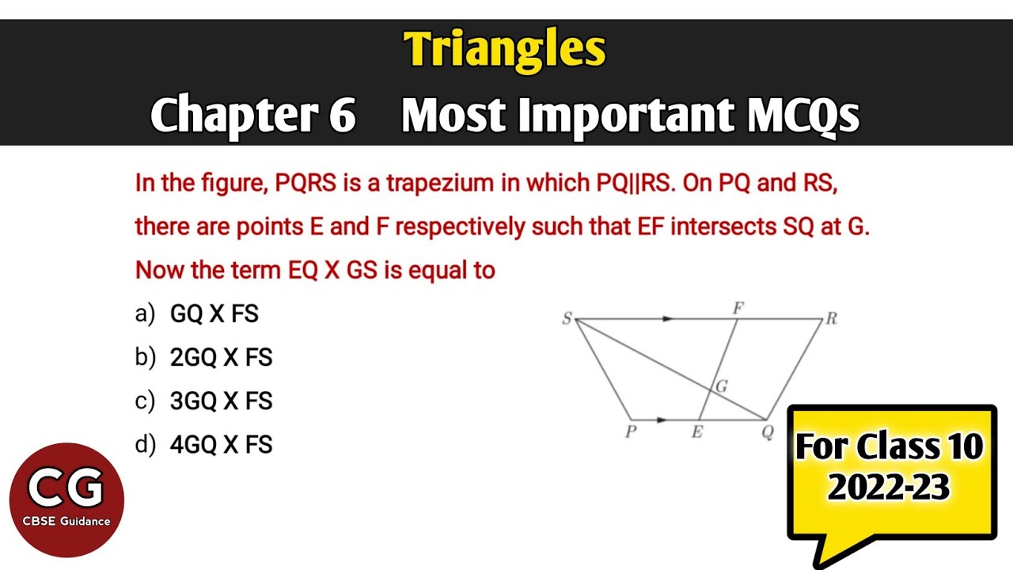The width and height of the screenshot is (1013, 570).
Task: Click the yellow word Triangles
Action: (x=505, y=50)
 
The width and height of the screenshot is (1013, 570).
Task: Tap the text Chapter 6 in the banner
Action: (x=253, y=115)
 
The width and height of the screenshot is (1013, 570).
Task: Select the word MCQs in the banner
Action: (x=802, y=115)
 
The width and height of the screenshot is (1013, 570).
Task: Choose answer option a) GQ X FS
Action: (x=197, y=313)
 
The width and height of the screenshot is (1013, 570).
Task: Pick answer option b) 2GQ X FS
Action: (x=203, y=357)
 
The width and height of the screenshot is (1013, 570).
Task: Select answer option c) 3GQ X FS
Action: (x=203, y=401)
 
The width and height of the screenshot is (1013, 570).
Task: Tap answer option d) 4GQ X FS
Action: (x=203, y=444)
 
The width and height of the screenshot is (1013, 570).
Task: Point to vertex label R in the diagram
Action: (x=831, y=319)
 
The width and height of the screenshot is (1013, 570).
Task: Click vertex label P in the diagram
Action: (x=632, y=431)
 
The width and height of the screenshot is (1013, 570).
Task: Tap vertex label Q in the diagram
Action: (x=768, y=432)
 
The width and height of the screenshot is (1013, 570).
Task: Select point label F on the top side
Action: (x=738, y=309)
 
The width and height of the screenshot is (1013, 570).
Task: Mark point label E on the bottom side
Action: (x=697, y=432)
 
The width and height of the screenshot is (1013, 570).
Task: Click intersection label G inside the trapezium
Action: (x=721, y=386)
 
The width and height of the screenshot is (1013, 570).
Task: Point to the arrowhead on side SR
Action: (x=669, y=319)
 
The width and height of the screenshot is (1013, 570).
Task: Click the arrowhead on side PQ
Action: (x=662, y=420)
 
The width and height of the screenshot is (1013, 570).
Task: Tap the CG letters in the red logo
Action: (x=66, y=487)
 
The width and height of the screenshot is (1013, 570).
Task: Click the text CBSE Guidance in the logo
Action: (x=66, y=521)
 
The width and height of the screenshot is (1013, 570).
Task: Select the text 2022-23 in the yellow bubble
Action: (x=889, y=487)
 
